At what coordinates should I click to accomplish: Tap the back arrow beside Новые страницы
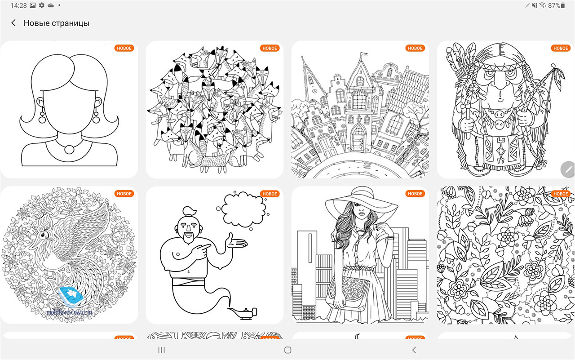(x=13, y=23)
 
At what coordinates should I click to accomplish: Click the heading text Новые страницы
(x=57, y=23)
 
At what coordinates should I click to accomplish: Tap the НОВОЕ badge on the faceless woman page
(x=124, y=48)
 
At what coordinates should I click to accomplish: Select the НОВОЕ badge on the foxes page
(x=270, y=48)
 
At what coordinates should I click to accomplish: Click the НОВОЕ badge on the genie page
(x=270, y=194)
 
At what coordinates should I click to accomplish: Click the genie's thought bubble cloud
(x=243, y=209)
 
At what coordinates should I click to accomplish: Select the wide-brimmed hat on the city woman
(x=362, y=203)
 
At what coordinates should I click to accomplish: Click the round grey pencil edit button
(x=567, y=169)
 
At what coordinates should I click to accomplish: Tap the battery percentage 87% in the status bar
(x=554, y=5)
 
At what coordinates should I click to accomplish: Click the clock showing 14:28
(x=18, y=5)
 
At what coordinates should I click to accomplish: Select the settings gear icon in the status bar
(x=42, y=5)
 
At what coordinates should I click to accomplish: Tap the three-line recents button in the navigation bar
(x=161, y=350)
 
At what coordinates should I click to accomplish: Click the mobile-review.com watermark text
(x=69, y=312)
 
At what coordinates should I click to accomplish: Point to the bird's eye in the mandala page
(x=44, y=234)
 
